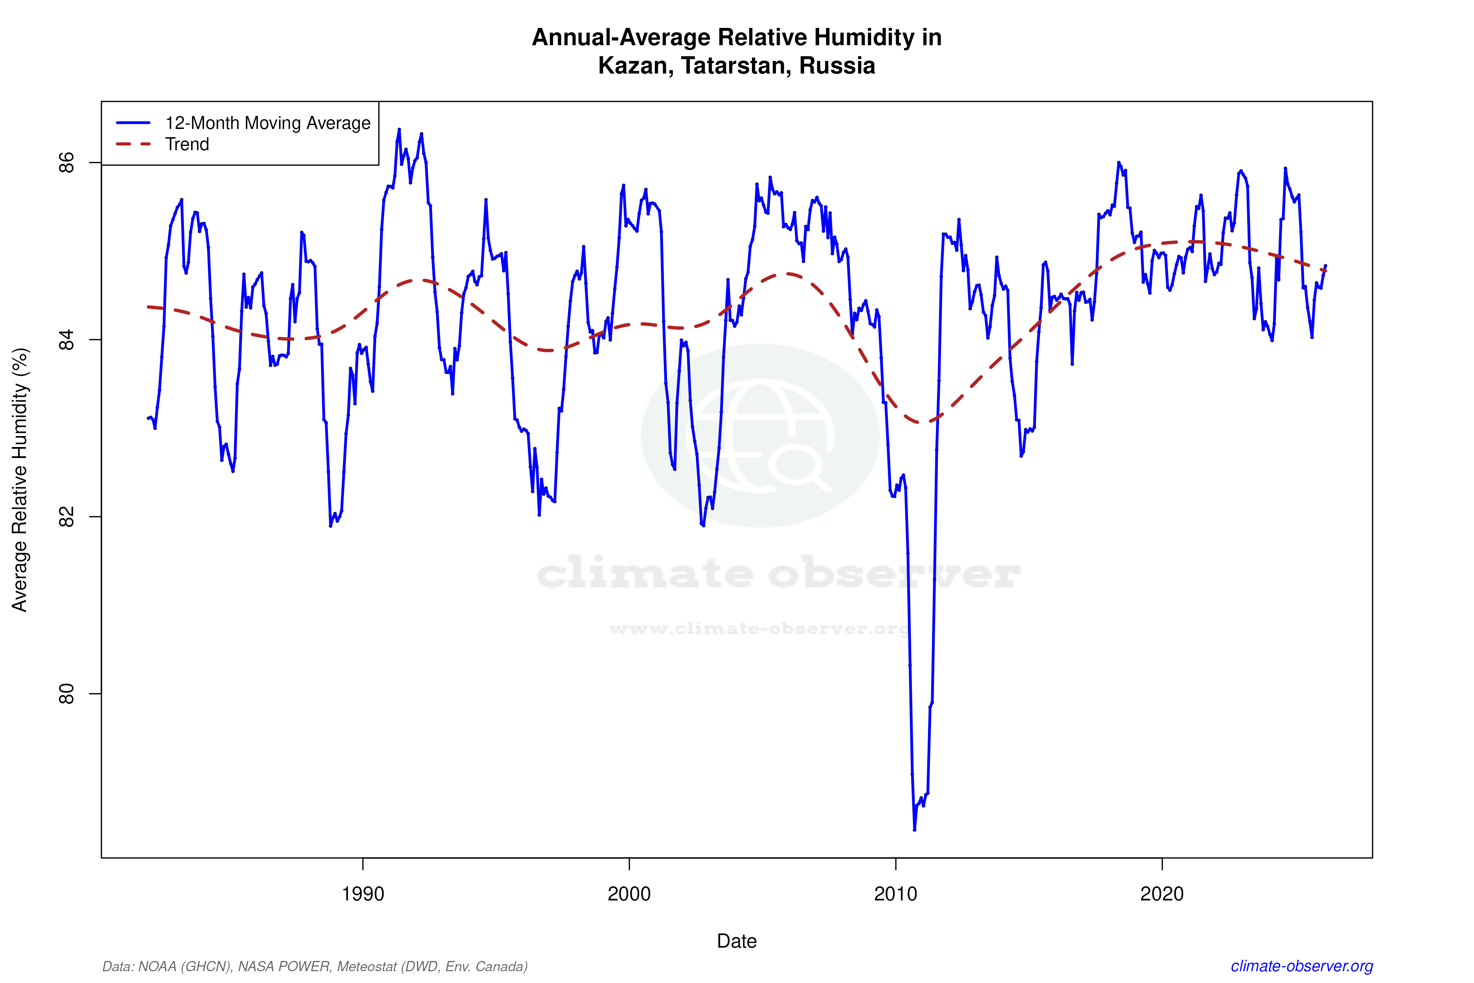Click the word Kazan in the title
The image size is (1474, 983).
coord(634,66)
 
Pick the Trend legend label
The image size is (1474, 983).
coord(187,144)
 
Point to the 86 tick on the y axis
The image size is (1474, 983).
coord(66,162)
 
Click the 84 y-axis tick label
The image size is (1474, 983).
coord(66,340)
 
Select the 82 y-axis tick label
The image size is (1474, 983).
coord(66,517)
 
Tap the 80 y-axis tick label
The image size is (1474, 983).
coord(66,694)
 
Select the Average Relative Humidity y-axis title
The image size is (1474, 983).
coord(20,480)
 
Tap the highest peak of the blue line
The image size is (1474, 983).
coord(399,130)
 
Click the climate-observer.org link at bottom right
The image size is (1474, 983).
coord(1302,966)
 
